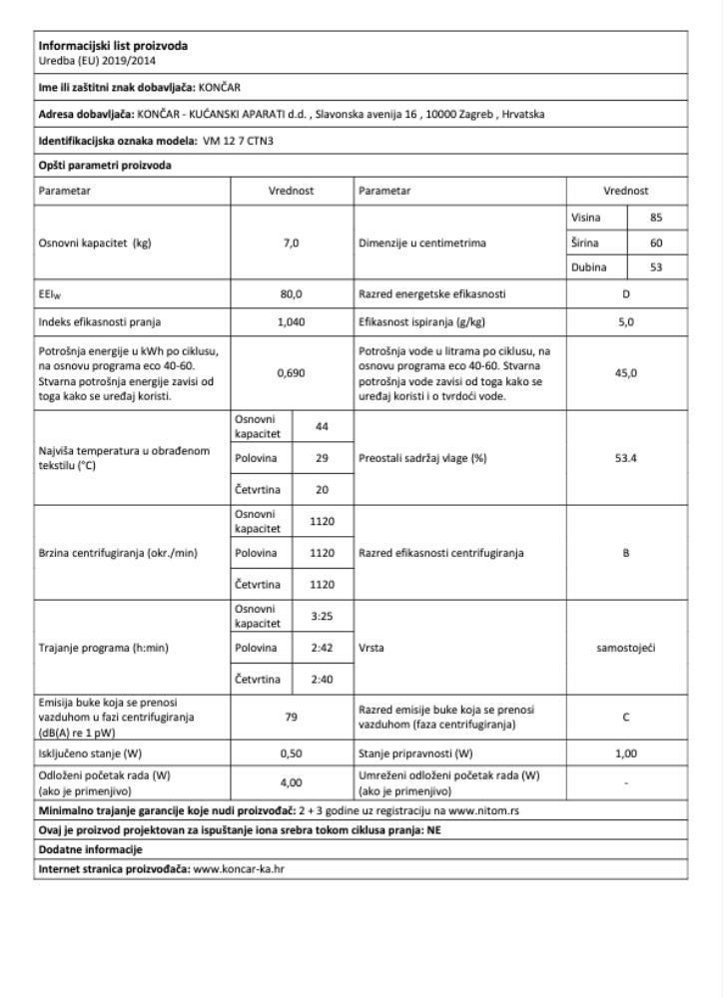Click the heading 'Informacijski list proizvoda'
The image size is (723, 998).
tap(112, 45)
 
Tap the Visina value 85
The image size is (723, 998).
tap(655, 217)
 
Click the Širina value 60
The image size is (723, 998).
tap(655, 242)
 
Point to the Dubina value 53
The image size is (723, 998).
tap(655, 267)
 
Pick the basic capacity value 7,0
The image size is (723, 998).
tap(292, 243)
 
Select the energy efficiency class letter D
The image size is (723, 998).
tap(626, 294)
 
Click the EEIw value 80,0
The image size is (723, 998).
tap(292, 294)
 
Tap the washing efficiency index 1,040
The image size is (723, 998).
tap(292, 321)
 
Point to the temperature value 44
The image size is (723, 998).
tap(322, 424)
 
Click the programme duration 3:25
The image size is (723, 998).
tap(322, 616)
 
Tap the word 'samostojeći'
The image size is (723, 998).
tap(626, 648)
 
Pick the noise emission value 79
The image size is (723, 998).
tap(292, 716)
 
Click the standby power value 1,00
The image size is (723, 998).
tap(626, 753)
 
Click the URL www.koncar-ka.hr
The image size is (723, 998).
tap(239, 868)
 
